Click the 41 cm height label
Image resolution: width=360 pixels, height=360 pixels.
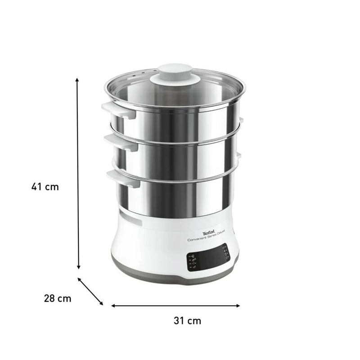[x=45, y=186]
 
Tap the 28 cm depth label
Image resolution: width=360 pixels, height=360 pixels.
[x=57, y=298]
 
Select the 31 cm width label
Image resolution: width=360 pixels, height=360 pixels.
[x=187, y=321]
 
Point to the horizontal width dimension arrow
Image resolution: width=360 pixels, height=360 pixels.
[x=175, y=306]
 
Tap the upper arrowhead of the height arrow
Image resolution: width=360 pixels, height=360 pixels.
[x=78, y=80]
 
